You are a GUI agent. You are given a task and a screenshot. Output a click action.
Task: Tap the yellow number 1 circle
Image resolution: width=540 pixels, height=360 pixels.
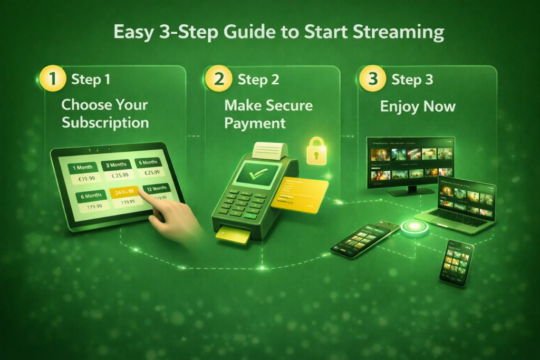51,79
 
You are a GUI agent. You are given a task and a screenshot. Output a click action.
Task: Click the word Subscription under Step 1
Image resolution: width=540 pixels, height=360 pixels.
105,123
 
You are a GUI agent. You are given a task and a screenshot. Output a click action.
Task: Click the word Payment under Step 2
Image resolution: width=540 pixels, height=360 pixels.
255,123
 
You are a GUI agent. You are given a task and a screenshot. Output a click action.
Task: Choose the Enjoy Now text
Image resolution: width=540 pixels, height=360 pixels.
418,107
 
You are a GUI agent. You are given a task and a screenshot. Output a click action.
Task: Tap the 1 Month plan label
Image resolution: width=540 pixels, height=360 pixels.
83,167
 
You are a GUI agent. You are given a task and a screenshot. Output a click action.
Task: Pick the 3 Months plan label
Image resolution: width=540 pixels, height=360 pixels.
116,165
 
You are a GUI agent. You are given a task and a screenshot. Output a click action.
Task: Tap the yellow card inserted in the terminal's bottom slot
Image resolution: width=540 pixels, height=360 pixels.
233,237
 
